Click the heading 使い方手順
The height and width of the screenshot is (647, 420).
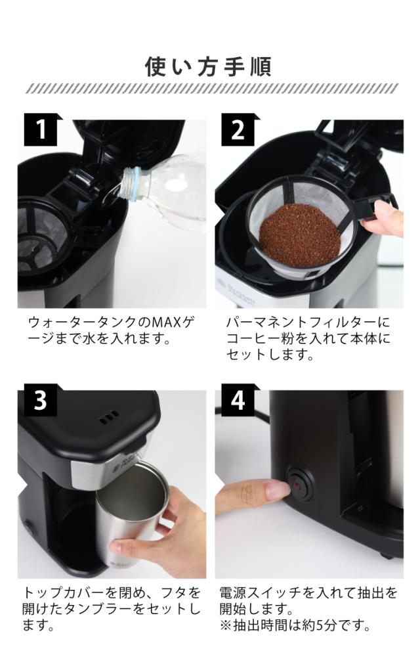[x=208, y=67]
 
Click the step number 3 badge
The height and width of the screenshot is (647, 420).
[x=41, y=399]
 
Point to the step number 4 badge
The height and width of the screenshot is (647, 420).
[x=238, y=399]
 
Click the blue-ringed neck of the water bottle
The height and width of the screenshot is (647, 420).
[x=132, y=184]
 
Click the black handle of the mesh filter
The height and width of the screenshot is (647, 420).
[x=375, y=206]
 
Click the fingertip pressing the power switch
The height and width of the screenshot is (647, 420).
[x=277, y=489]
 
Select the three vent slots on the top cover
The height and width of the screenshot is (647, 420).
[x=109, y=416]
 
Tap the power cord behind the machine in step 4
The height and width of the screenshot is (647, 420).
[x=243, y=411]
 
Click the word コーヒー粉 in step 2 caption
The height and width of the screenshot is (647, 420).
[x=261, y=339]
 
